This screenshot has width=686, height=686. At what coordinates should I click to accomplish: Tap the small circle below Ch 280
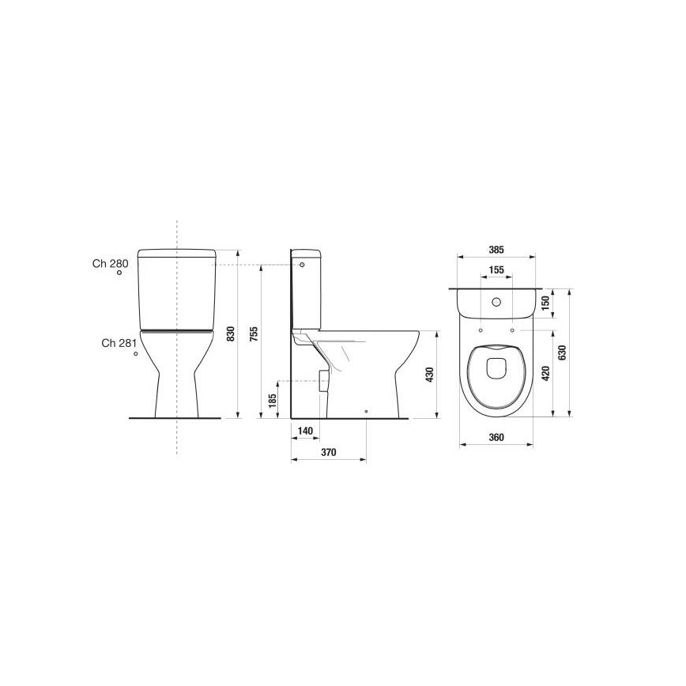coord(119,273)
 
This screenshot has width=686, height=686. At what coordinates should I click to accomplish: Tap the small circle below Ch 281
coord(136,354)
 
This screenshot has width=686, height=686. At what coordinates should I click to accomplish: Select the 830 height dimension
coord(231,334)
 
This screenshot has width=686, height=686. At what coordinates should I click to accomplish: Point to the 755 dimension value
coord(254,334)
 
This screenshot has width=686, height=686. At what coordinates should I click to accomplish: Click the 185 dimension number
coord(273,401)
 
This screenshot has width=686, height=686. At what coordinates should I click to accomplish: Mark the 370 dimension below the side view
coord(329,453)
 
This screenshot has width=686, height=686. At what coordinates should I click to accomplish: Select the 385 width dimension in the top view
coord(496,250)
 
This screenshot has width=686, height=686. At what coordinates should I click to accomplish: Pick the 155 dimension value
coord(496,270)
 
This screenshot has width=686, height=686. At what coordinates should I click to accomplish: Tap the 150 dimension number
coord(545,303)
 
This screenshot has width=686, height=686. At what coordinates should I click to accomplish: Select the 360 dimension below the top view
coord(496,437)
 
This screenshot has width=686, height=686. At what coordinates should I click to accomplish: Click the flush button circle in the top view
coord(496,302)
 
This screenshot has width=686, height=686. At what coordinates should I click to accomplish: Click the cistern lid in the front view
coord(176,254)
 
